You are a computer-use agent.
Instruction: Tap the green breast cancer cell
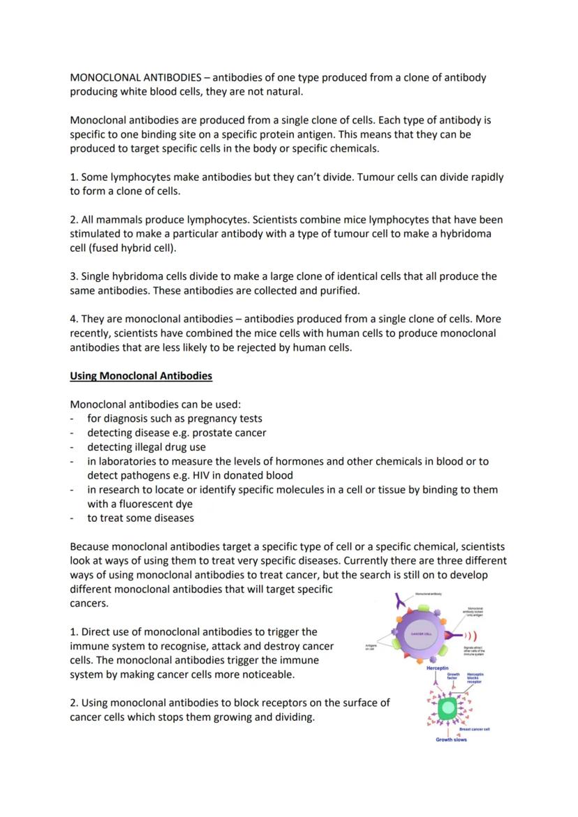coord(447,707)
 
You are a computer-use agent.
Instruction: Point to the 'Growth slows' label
coord(451,740)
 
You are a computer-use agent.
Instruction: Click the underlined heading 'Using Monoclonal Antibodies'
coord(141,376)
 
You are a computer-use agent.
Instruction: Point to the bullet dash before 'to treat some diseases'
coord(73,518)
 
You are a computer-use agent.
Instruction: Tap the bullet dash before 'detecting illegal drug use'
coord(73,447)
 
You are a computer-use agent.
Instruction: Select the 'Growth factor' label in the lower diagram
coord(453,676)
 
